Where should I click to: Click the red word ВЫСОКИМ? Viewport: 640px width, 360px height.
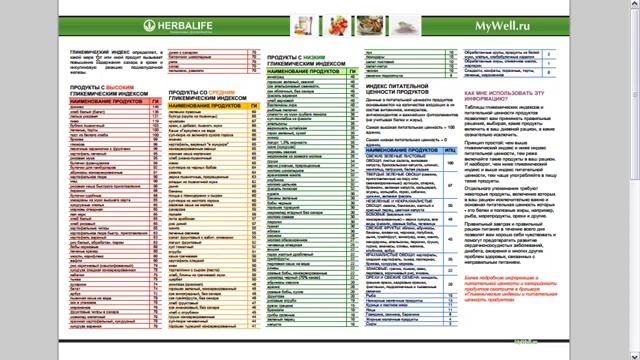(x=123, y=89)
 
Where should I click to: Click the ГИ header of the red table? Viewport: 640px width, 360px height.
(x=156, y=102)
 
